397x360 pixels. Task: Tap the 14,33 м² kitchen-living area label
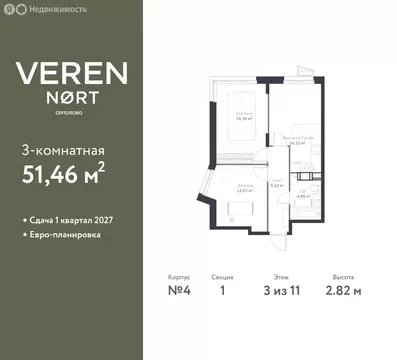pyautogui.click(x=296, y=143)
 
